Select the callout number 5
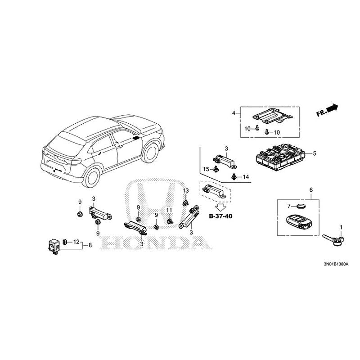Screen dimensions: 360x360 click(315, 153)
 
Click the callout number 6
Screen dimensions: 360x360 click(310, 190)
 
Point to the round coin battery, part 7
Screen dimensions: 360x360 click(299, 206)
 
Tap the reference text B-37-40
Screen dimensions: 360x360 click(220, 216)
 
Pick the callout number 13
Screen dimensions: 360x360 click(185, 191)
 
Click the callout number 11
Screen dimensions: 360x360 click(169, 211)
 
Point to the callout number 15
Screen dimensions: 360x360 click(205, 169)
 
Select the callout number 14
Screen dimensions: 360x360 click(246, 177)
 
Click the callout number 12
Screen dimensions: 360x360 click(76, 242)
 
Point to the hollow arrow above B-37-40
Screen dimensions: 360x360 click(220, 207)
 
